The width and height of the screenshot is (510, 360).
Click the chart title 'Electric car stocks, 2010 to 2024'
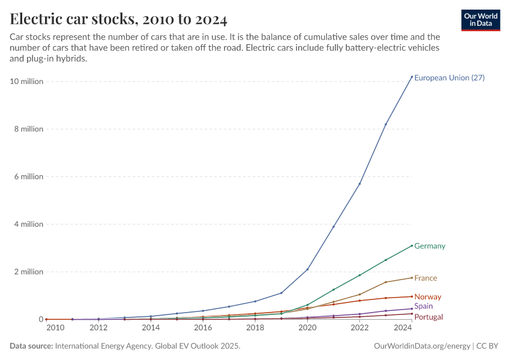pos(119,19)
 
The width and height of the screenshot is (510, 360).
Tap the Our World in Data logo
pos(481,20)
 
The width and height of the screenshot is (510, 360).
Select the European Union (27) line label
pos(449,78)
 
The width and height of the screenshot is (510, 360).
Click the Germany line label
pos(430,246)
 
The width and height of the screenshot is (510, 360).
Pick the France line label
pos(425,278)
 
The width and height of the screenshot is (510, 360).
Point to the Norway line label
pos(428,297)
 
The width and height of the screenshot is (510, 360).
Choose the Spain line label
pos(424,307)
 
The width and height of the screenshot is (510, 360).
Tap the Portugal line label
pos(428,317)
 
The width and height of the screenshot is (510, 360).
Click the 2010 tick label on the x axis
pos(55,328)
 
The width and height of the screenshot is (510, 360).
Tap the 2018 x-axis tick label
pos(255,328)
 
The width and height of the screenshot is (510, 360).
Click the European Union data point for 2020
pos(307,269)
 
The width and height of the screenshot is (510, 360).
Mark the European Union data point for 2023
pos(386,124)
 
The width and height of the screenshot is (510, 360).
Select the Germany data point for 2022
pos(359,275)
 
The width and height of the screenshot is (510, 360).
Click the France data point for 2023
pos(386,282)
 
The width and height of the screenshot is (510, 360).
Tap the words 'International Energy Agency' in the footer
pos(120,346)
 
